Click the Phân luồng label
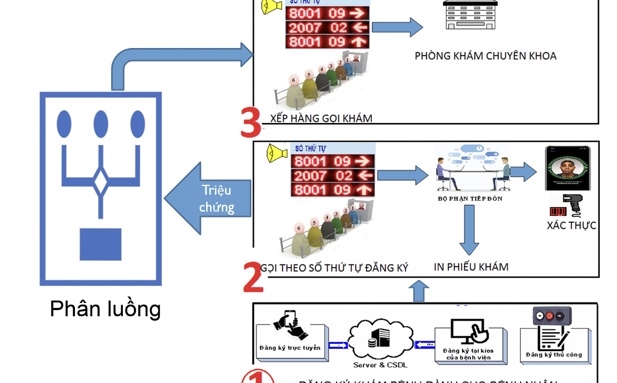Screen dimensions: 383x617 pyautogui.click(x=105, y=308)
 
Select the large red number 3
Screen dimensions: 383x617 pyautogui.click(x=251, y=124)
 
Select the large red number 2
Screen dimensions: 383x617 pyautogui.click(x=253, y=277)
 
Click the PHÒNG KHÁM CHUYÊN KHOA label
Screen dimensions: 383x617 pyautogui.click(x=485, y=56)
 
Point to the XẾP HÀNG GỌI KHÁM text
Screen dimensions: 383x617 pyautogui.click(x=321, y=118)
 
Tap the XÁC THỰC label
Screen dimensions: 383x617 pyautogui.click(x=571, y=225)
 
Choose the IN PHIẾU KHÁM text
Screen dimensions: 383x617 pyautogui.click(x=471, y=267)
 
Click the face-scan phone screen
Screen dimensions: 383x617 pyautogui.click(x=567, y=168)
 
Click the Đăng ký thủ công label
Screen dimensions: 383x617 pyautogui.click(x=554, y=355)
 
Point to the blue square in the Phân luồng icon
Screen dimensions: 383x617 pyautogui.click(x=100, y=244)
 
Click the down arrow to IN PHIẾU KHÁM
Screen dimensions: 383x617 pyautogui.click(x=469, y=230)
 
